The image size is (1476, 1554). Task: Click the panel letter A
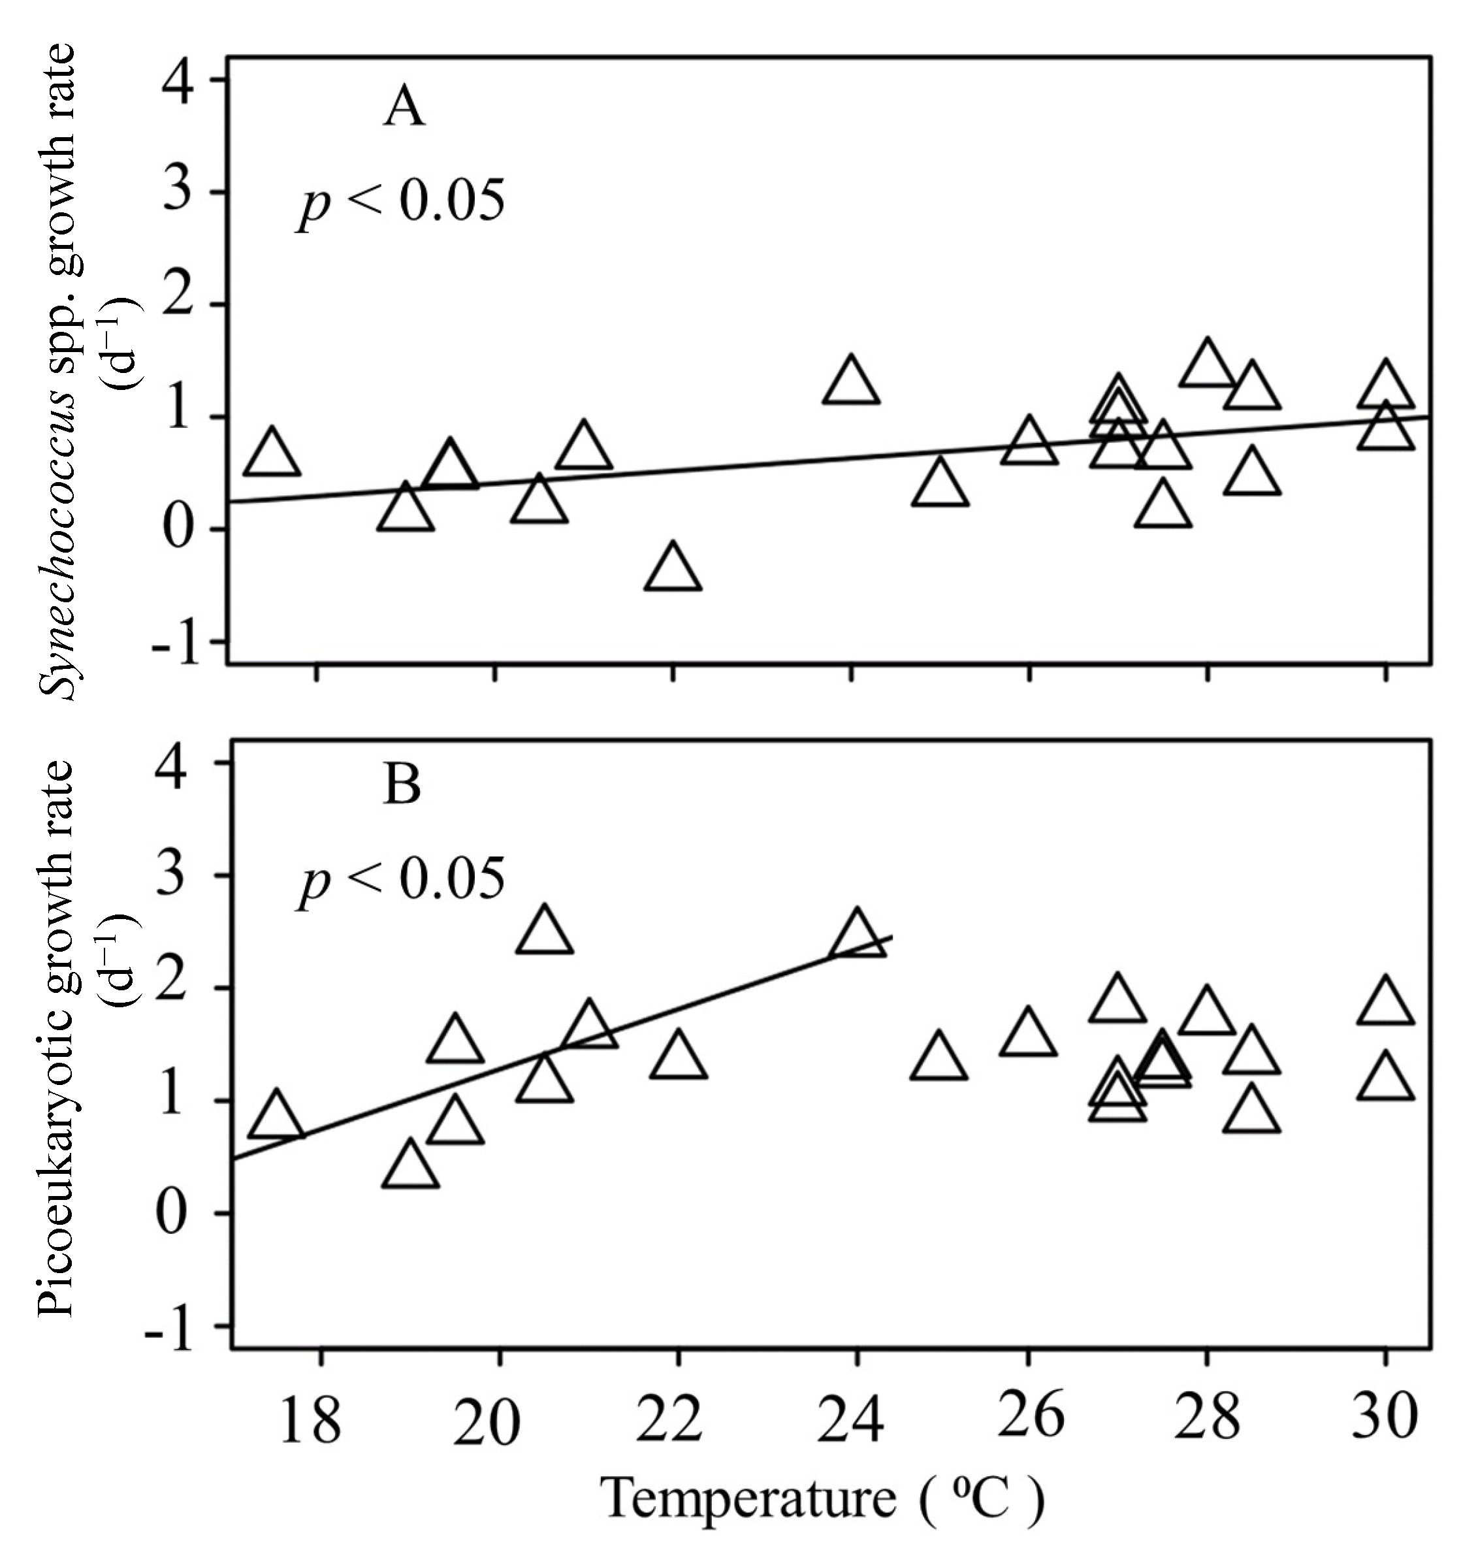(x=404, y=108)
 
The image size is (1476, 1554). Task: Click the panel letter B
(x=402, y=785)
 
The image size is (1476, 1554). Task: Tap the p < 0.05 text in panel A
(x=401, y=204)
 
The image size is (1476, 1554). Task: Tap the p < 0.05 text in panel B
(x=401, y=881)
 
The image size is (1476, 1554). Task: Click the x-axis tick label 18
(x=310, y=1419)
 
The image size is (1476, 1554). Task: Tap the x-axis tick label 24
(x=850, y=1419)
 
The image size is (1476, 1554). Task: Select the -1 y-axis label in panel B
(x=170, y=1327)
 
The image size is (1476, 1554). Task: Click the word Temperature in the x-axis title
(x=748, y=1497)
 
